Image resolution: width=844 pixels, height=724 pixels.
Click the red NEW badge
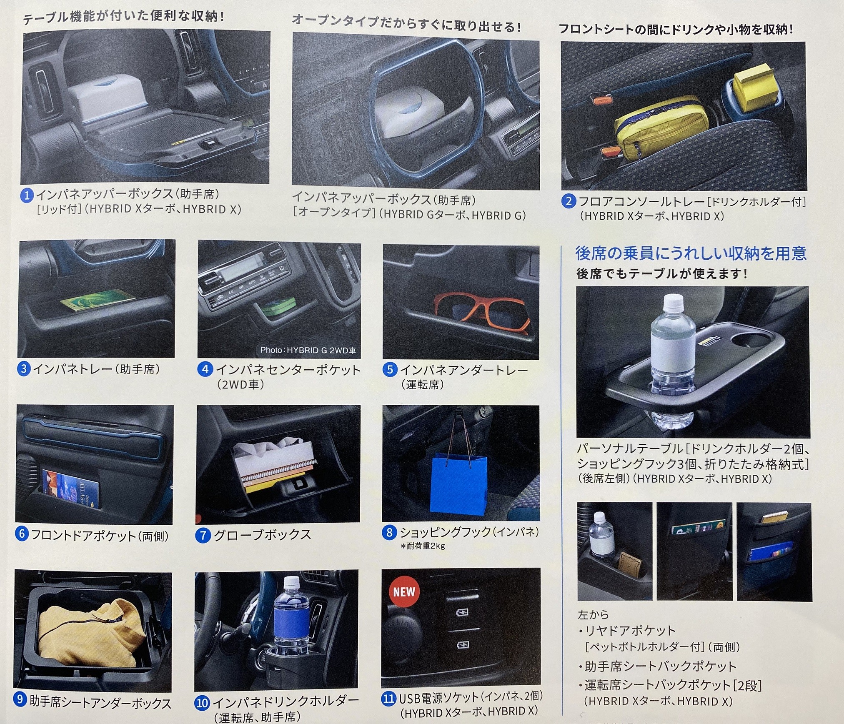point(404,591)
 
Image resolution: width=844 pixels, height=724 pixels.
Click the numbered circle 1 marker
point(27,195)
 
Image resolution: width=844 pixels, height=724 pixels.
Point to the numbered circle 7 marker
point(203,535)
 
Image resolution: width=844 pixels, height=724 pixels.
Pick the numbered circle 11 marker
point(388,698)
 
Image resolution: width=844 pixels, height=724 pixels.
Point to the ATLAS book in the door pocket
point(71,489)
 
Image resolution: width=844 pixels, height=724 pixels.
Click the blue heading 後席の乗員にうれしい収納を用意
point(691,253)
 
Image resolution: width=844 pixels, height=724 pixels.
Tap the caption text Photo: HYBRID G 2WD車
point(308,350)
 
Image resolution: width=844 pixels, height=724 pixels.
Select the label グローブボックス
point(262,535)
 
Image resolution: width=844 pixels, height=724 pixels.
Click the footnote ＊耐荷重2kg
point(423,546)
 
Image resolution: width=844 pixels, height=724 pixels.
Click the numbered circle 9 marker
point(20,699)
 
